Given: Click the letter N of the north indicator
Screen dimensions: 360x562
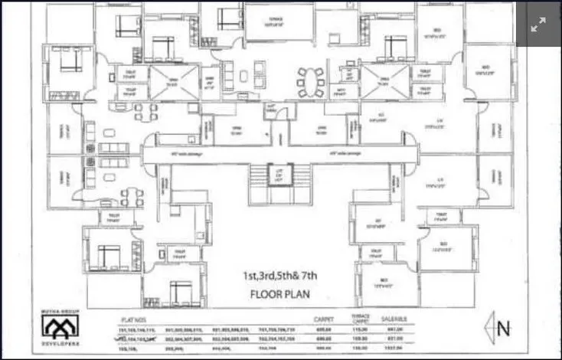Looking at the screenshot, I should tap(503, 330).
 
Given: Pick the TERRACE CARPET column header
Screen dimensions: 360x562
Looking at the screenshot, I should tap(360, 318).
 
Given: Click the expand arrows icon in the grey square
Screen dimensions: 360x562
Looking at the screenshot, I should tap(539, 24).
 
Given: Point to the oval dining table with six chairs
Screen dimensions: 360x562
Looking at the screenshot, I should tap(311, 77).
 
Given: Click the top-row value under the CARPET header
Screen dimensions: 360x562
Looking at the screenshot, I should tap(322, 329).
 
